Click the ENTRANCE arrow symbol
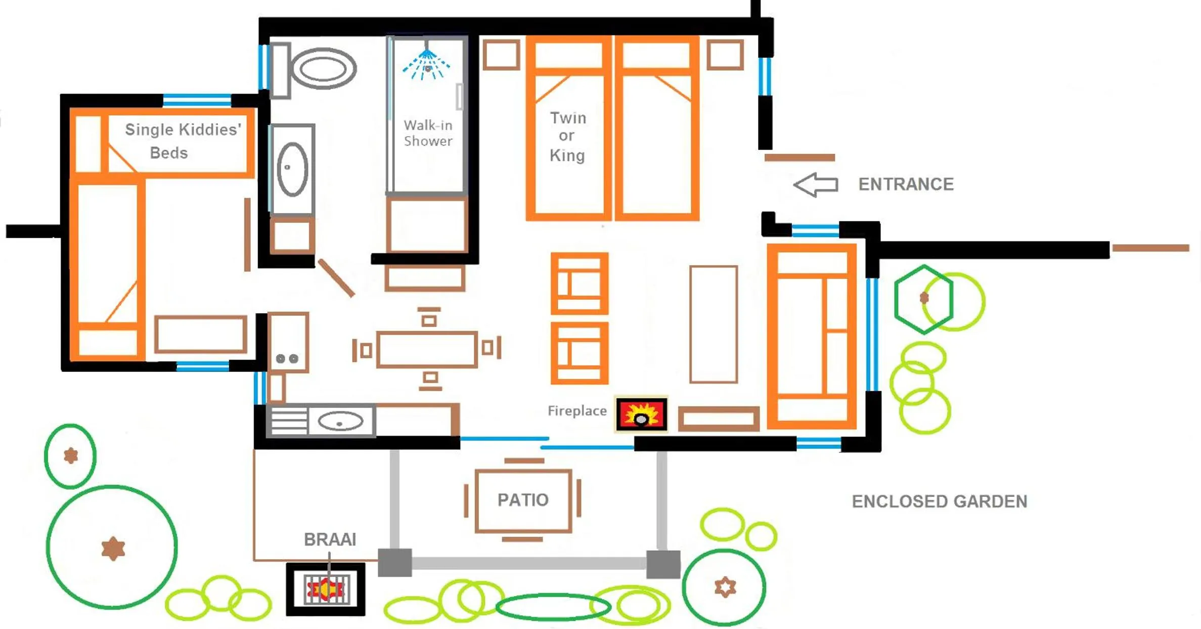click(x=815, y=185)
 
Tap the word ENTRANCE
click(x=906, y=184)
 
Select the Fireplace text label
click(x=576, y=411)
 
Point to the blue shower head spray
click(x=426, y=65)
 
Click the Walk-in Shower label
click(x=428, y=133)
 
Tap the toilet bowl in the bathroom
click(x=323, y=69)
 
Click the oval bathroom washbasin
click(x=292, y=169)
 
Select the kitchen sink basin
click(x=340, y=421)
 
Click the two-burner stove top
click(x=287, y=358)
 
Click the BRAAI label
click(x=330, y=539)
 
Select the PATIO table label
click(x=523, y=500)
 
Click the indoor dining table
click(x=427, y=349)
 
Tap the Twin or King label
click(x=567, y=137)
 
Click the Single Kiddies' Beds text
click(x=182, y=141)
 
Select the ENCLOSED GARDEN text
click(x=939, y=501)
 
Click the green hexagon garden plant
click(x=923, y=299)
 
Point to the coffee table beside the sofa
click(x=713, y=324)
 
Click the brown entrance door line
click(x=799, y=158)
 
